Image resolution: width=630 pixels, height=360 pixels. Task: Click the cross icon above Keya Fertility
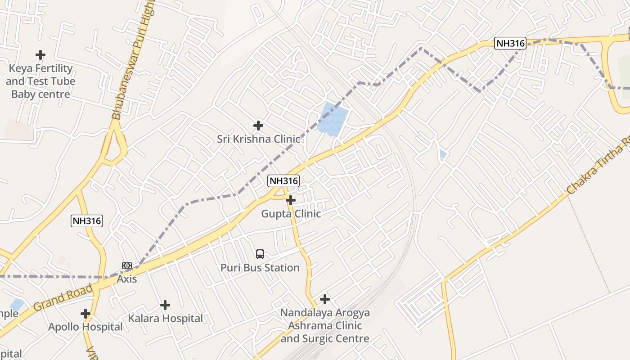(x=40, y=55)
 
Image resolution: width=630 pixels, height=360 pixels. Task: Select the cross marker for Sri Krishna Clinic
(x=258, y=125)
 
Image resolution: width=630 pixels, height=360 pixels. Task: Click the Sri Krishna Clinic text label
(x=258, y=139)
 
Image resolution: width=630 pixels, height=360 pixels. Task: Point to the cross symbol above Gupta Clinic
(x=291, y=200)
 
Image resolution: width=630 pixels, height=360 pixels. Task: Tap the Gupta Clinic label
(x=291, y=214)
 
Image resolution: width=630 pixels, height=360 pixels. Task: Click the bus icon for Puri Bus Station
(x=260, y=254)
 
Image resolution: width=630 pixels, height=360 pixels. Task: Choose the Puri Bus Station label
(x=260, y=268)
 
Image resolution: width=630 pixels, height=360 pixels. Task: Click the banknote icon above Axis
(x=127, y=265)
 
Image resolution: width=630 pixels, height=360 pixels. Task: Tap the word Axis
(x=127, y=279)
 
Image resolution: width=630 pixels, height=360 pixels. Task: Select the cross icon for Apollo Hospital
(x=85, y=313)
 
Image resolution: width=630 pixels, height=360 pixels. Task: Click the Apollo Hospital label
(x=85, y=327)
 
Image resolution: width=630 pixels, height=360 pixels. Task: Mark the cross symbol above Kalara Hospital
(x=165, y=305)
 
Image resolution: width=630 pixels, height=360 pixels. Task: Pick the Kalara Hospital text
(x=165, y=319)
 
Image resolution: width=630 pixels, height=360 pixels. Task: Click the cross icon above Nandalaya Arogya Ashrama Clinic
(x=325, y=299)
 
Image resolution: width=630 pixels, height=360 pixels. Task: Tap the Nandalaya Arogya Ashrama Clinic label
(x=325, y=325)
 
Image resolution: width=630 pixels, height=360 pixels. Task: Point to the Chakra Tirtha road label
(x=598, y=166)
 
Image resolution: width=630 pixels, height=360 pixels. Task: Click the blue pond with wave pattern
(x=333, y=119)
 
